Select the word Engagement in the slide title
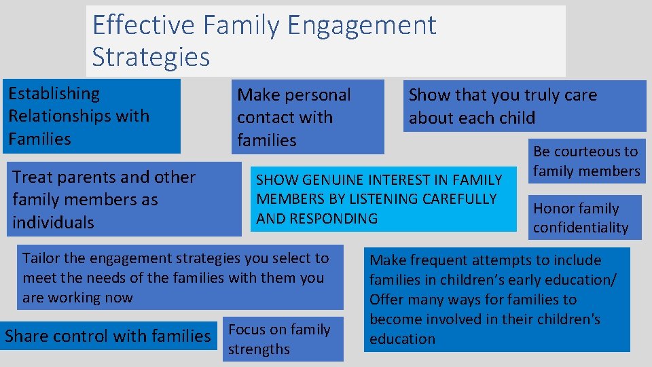point(361,26)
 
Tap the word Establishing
point(54,94)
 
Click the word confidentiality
point(581,228)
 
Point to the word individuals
point(53,223)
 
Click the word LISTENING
point(386,199)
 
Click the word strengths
point(259,349)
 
